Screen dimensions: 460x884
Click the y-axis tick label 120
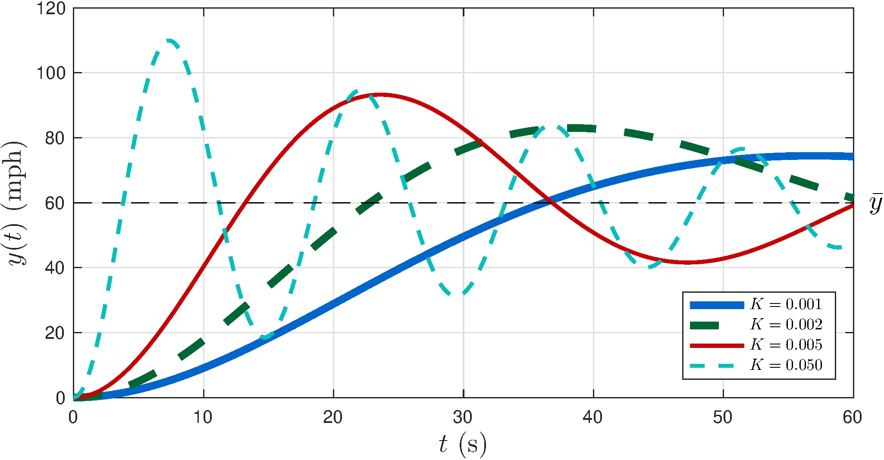click(x=50, y=8)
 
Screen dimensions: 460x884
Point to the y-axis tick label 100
click(x=50, y=73)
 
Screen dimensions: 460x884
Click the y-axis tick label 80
click(x=56, y=138)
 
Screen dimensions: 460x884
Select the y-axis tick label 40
click(x=56, y=268)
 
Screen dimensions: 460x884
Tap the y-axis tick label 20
click(x=56, y=333)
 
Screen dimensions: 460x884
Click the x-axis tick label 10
click(x=203, y=417)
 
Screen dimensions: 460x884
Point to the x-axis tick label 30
click(x=463, y=417)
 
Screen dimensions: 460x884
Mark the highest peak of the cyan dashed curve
click(x=169, y=41)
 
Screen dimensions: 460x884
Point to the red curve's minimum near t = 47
click(x=687, y=262)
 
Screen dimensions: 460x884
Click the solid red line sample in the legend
click(x=717, y=345)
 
